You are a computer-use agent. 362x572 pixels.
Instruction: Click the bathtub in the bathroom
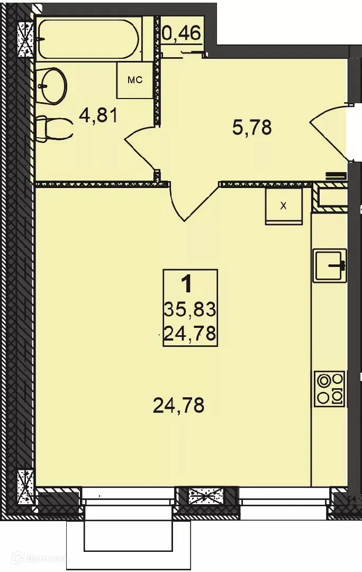point(88,40)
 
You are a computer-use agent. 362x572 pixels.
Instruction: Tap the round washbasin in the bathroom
point(52,86)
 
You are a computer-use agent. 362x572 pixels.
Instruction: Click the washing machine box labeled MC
point(134,80)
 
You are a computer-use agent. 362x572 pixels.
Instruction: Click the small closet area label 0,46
point(182,34)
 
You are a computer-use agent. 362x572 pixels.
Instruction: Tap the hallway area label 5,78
point(252,127)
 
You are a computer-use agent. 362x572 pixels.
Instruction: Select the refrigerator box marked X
point(284,206)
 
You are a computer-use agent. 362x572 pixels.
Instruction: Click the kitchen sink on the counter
point(329,265)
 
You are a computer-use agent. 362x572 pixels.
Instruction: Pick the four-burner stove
point(329,389)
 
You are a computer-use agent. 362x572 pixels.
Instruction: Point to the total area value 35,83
point(190,308)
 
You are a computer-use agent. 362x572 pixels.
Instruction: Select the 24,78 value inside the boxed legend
point(190,334)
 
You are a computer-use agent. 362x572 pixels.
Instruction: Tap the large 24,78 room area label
point(178,406)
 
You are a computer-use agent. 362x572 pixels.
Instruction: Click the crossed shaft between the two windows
point(206,496)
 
